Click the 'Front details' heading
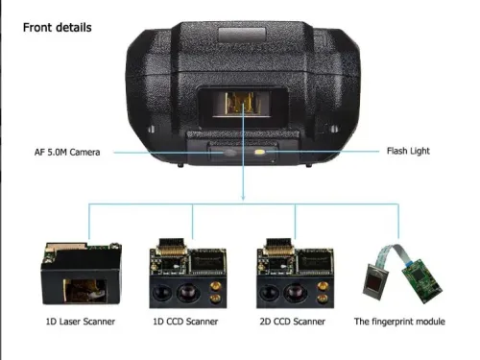(x=58, y=28)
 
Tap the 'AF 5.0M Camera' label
(x=67, y=152)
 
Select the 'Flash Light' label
(x=408, y=151)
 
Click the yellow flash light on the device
(x=260, y=152)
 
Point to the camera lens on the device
(x=229, y=153)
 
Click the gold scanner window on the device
(x=242, y=103)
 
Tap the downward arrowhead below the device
(x=243, y=197)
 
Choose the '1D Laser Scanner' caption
(x=81, y=322)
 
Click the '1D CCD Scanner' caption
(x=185, y=322)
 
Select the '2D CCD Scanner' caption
(x=293, y=322)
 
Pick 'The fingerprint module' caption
(x=399, y=322)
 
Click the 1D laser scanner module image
(x=81, y=274)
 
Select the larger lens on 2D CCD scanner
(x=293, y=293)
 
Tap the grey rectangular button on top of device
(x=242, y=35)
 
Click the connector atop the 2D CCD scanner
(x=277, y=247)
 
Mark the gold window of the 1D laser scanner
(x=84, y=290)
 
